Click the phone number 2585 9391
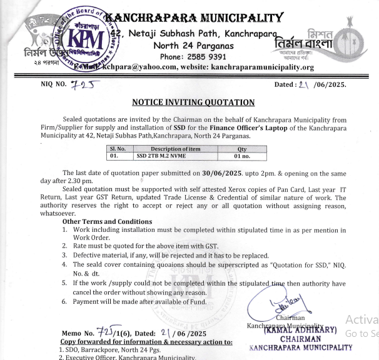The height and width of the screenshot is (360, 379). (203, 56)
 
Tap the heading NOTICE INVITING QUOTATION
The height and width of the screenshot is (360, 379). (193, 102)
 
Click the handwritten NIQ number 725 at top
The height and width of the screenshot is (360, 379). (83, 84)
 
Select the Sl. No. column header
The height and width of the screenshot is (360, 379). (118, 148)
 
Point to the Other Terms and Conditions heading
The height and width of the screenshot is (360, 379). (107, 221)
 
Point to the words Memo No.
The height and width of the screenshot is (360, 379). (78, 334)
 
